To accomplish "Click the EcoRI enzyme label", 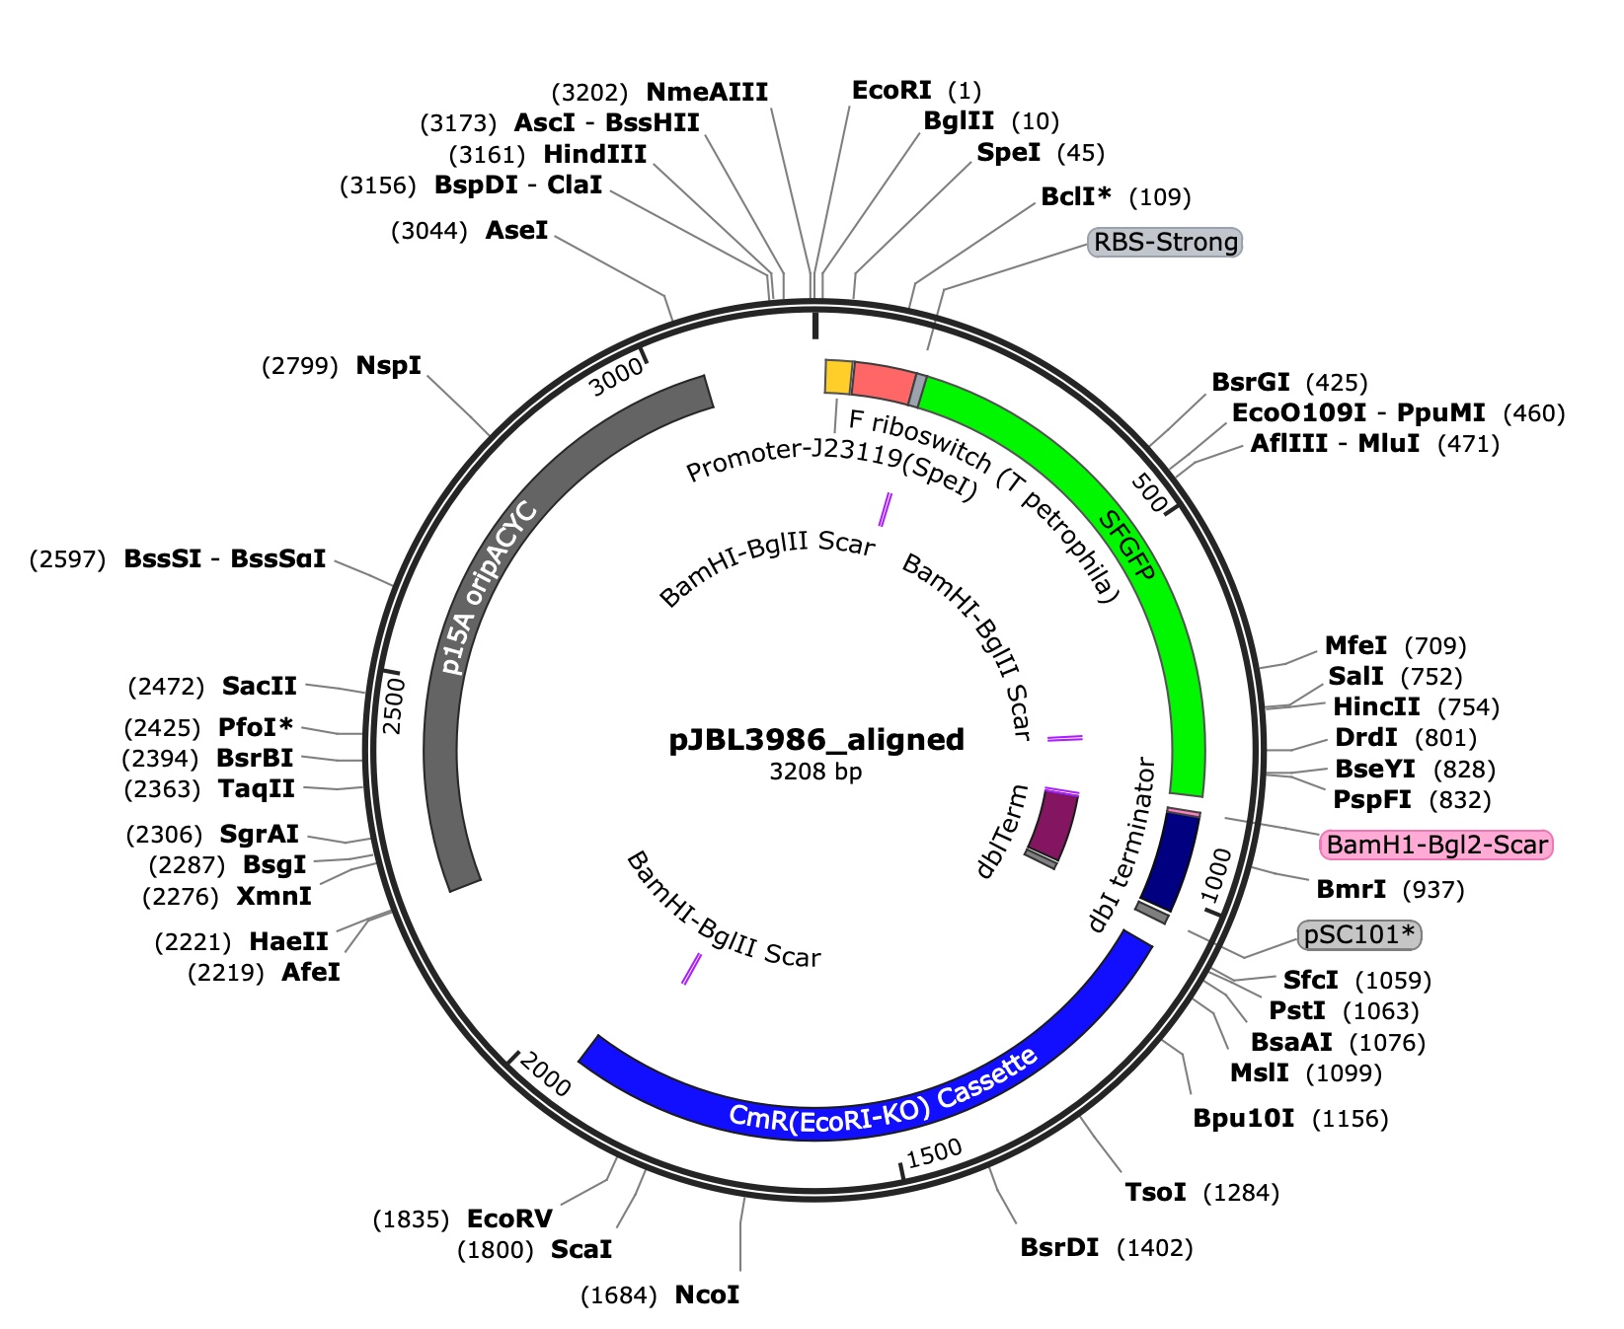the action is point(891,91).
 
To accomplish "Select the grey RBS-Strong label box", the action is point(1165,242).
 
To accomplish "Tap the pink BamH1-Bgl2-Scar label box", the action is point(1436,845).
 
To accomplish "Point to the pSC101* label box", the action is point(1359,934).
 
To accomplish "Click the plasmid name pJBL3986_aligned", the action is point(816,739).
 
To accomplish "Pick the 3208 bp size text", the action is point(815,772).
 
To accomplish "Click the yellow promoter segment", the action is point(838,377).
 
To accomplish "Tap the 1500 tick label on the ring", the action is point(933,1152).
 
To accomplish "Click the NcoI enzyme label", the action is point(707,1294).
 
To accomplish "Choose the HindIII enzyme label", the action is point(595,154).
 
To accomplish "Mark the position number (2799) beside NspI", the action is point(300,367).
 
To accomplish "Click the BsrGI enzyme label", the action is point(1250,382).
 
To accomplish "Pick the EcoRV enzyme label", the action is point(509,1218).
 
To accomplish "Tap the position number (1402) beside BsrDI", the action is point(1155,1248).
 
